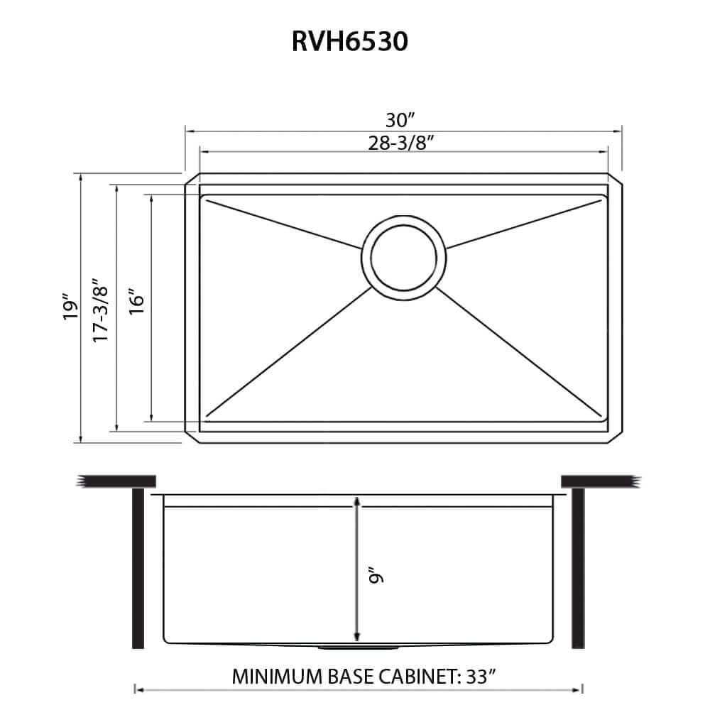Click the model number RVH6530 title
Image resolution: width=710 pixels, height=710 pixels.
pos(349,42)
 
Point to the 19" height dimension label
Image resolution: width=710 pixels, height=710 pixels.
pos(69,307)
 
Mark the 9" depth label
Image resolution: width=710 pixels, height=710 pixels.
pos(376,574)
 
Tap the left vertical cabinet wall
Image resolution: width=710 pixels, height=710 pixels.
pos(138,568)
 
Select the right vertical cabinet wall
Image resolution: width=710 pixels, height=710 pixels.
pos(578,568)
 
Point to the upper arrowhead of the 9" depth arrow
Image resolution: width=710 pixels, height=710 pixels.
pos(356,503)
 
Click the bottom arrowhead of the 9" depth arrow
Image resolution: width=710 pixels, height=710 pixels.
pos(356,635)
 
